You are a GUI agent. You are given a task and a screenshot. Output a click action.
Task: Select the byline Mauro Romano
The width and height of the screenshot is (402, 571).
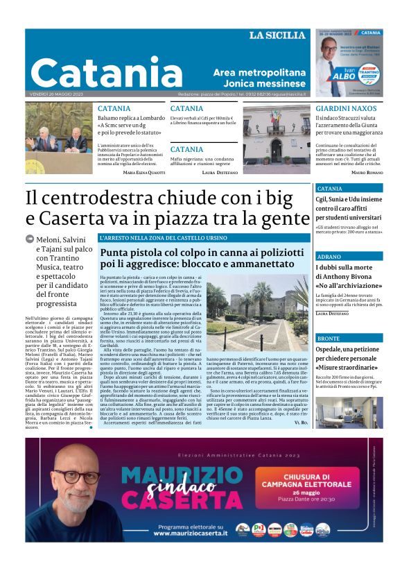pyautogui.click(x=367, y=172)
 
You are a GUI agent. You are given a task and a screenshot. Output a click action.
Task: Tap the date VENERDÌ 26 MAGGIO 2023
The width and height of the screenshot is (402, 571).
pyautogui.click(x=54, y=94)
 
